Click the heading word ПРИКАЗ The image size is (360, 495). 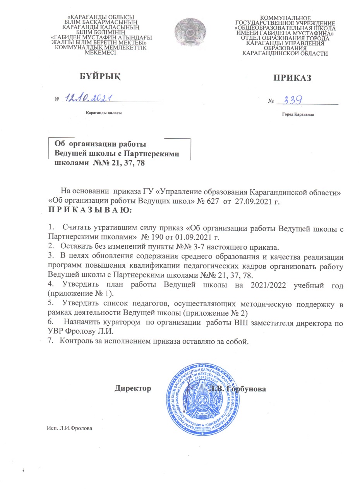click(292, 78)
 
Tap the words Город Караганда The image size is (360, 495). click(298, 115)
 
